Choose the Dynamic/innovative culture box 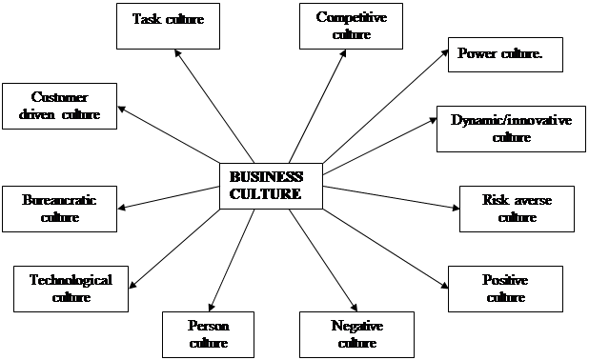511,128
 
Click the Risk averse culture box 518,209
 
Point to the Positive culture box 505,288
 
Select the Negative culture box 357,333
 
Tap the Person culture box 209,333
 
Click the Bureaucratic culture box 59,209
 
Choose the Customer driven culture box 59,106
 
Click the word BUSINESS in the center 266,177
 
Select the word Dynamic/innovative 511,120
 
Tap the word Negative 357,326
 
